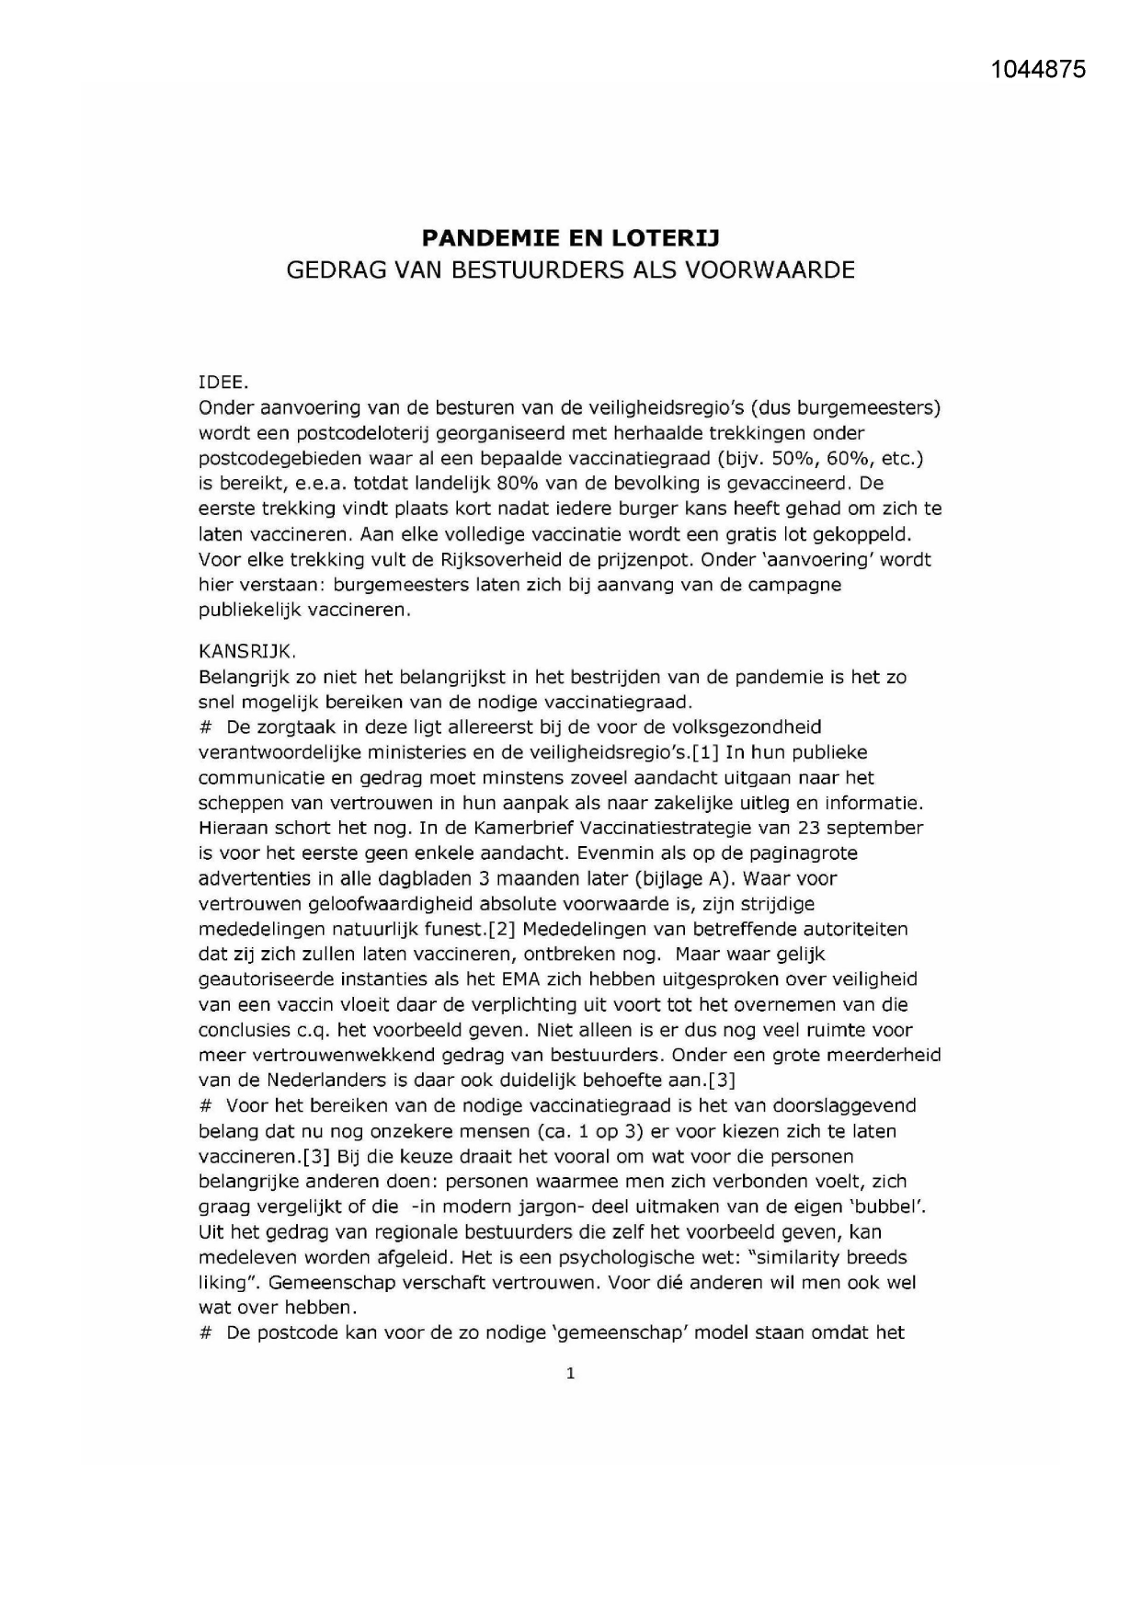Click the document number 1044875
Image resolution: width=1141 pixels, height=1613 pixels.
tap(1039, 69)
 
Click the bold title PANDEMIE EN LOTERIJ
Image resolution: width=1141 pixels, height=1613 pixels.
tap(570, 238)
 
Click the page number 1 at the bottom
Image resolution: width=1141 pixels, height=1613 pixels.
tap(571, 1374)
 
